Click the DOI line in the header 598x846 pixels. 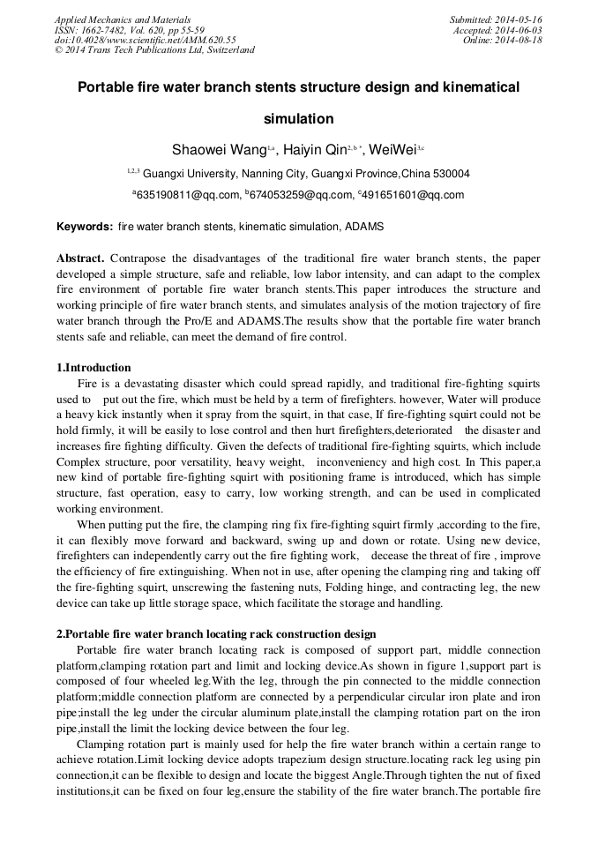click(x=145, y=40)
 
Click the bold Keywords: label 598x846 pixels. click(x=85, y=227)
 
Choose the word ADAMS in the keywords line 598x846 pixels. click(x=363, y=227)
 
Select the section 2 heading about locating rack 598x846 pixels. click(x=216, y=633)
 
